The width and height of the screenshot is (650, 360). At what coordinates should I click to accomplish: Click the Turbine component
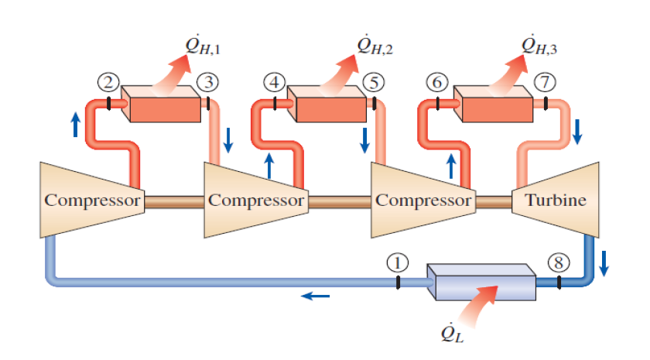(556, 200)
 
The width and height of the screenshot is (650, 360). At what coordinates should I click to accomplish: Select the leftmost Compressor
(91, 200)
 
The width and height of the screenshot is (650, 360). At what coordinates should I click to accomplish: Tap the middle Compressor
(255, 200)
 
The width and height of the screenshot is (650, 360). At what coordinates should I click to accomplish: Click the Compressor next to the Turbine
(422, 200)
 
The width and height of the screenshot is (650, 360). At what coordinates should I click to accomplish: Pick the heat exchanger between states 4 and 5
(325, 104)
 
